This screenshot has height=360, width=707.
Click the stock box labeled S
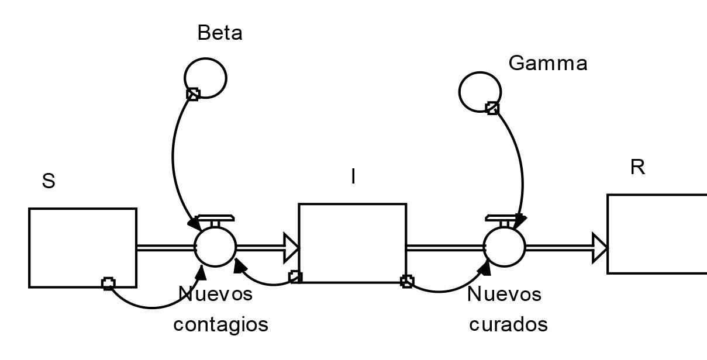[82, 247]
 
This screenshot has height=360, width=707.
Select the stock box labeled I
[352, 243]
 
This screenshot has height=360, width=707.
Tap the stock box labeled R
[657, 234]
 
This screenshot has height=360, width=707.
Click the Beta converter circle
[205, 78]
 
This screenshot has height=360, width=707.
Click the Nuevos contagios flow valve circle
[215, 247]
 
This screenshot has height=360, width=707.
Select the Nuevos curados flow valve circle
[505, 247]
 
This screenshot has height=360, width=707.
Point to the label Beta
[220, 33]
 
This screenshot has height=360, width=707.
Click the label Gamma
[548, 63]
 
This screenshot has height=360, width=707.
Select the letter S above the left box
[49, 181]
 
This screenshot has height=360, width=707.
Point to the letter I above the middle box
[353, 176]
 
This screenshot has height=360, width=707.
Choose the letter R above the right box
[637, 168]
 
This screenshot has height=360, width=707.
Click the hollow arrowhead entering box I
[291, 247]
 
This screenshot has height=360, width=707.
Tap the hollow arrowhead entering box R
[600, 247]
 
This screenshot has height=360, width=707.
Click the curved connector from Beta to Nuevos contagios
[173, 158]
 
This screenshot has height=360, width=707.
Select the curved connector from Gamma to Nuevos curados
[520, 164]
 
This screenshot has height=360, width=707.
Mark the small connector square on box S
[108, 284]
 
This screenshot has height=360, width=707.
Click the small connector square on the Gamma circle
[492, 108]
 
